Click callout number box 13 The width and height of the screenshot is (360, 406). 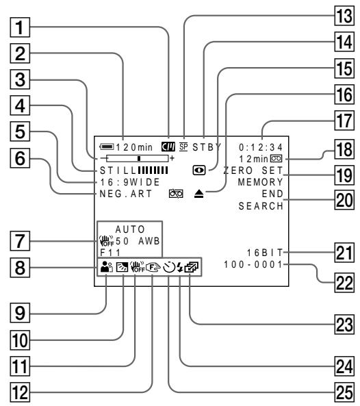point(344,16)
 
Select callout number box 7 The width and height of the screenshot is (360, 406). point(20,241)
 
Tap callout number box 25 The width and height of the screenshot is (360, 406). point(344,392)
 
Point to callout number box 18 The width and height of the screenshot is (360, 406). point(344,150)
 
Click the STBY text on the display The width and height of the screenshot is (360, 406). point(207,147)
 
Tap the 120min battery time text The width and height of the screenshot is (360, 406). point(134,147)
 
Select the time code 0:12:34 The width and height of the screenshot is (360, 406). point(261,147)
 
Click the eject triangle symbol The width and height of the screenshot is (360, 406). point(198,194)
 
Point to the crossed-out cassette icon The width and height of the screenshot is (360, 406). point(176,194)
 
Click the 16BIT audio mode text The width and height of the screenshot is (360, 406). point(265,253)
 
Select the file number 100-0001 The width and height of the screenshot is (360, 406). point(253,265)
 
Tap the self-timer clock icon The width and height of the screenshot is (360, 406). point(169,267)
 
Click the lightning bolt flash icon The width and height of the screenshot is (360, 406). point(180,267)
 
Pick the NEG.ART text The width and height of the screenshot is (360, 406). point(126,194)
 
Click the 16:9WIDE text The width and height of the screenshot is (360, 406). point(130,182)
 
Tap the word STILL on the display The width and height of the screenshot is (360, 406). point(118,170)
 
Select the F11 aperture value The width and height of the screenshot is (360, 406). point(110,253)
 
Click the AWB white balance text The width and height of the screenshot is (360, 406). point(149,241)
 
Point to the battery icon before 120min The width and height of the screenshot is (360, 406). point(107,147)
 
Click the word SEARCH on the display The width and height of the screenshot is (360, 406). point(261,206)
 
